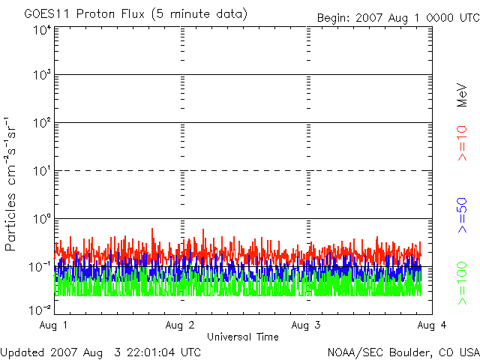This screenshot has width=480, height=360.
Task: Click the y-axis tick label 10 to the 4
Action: point(41,30)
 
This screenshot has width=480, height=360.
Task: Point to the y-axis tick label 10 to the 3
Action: point(41,76)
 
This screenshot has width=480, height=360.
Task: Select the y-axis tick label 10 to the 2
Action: point(41,124)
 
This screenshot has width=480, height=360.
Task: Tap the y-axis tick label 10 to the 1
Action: point(41,172)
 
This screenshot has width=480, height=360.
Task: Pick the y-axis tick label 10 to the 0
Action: point(41,220)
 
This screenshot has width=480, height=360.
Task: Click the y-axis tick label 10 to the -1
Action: point(40,267)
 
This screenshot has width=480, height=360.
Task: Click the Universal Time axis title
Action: point(243,337)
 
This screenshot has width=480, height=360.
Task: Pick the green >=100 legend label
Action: point(462,283)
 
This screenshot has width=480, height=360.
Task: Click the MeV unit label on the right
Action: point(462,97)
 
